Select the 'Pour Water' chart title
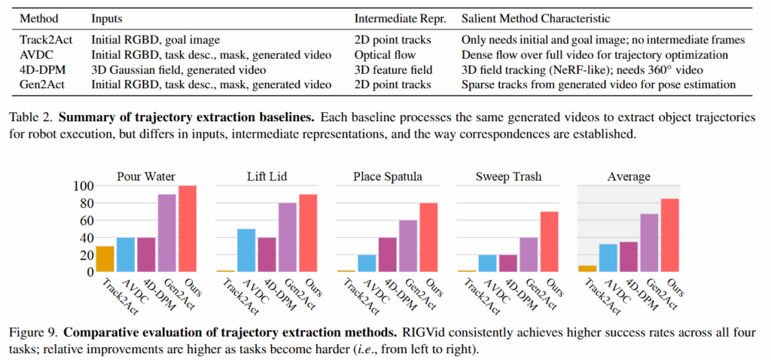(x=147, y=176)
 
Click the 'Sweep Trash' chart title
(x=508, y=176)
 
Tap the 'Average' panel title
(x=628, y=176)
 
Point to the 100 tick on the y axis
(x=84, y=186)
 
